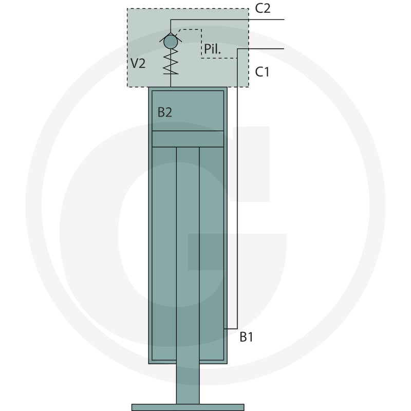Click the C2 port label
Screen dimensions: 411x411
point(263,8)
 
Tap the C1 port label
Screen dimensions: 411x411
point(262,72)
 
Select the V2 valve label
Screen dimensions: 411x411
point(138,63)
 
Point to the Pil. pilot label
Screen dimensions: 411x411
point(212,49)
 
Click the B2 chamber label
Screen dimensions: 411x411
point(164,112)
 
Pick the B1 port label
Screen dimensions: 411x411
point(247,337)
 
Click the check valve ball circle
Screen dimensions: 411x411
point(171,42)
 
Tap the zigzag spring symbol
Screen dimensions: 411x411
point(171,62)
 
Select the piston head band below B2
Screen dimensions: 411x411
point(188,139)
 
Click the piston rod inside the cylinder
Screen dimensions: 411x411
point(188,253)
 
